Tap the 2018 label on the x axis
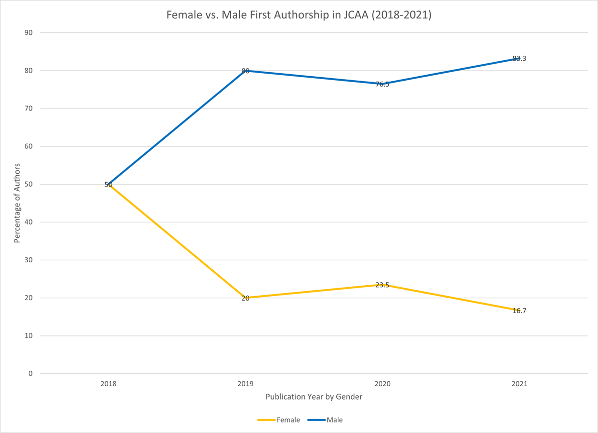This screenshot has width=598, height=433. click(x=108, y=384)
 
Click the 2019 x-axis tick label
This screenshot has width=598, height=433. click(x=245, y=384)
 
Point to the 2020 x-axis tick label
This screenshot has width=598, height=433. click(x=382, y=384)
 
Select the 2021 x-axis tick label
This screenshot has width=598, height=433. click(x=519, y=384)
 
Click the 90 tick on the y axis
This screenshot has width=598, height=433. click(x=28, y=33)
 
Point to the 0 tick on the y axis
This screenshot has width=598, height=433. click(x=30, y=374)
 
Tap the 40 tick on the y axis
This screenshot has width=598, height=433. click(x=28, y=222)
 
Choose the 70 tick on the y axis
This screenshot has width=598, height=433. click(x=28, y=108)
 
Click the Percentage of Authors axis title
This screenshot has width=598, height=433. click(x=17, y=203)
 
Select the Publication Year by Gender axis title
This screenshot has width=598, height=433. click(x=314, y=397)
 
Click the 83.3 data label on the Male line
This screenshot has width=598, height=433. click(x=519, y=58)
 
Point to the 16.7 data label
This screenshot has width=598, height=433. click(x=519, y=311)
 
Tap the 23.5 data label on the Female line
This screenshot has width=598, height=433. click(x=382, y=285)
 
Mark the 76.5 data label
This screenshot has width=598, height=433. click(x=382, y=84)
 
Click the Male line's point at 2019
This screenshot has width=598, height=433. click(x=245, y=71)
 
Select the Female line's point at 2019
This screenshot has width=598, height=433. click(x=245, y=298)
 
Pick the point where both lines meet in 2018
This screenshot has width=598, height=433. click(x=108, y=184)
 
